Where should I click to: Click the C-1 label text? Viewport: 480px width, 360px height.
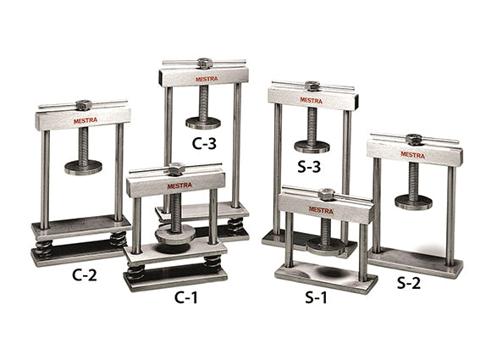point(187,297)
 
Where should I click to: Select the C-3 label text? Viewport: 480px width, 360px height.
point(204,143)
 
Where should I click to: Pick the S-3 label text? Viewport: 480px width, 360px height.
point(309,167)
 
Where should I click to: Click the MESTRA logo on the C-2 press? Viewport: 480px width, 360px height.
point(85,120)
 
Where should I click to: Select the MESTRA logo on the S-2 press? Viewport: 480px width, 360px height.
point(413,155)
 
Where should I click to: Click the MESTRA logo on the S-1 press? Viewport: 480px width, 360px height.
point(321,209)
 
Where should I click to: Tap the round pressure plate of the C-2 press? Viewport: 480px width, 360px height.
point(83,167)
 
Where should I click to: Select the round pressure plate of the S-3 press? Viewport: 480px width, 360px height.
point(312,146)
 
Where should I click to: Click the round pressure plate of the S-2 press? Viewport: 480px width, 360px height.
point(413,202)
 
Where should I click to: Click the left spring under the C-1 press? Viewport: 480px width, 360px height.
point(135,271)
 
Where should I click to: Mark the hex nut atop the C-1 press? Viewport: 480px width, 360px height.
point(176,169)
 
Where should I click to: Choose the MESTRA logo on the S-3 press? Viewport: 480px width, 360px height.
point(311,100)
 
